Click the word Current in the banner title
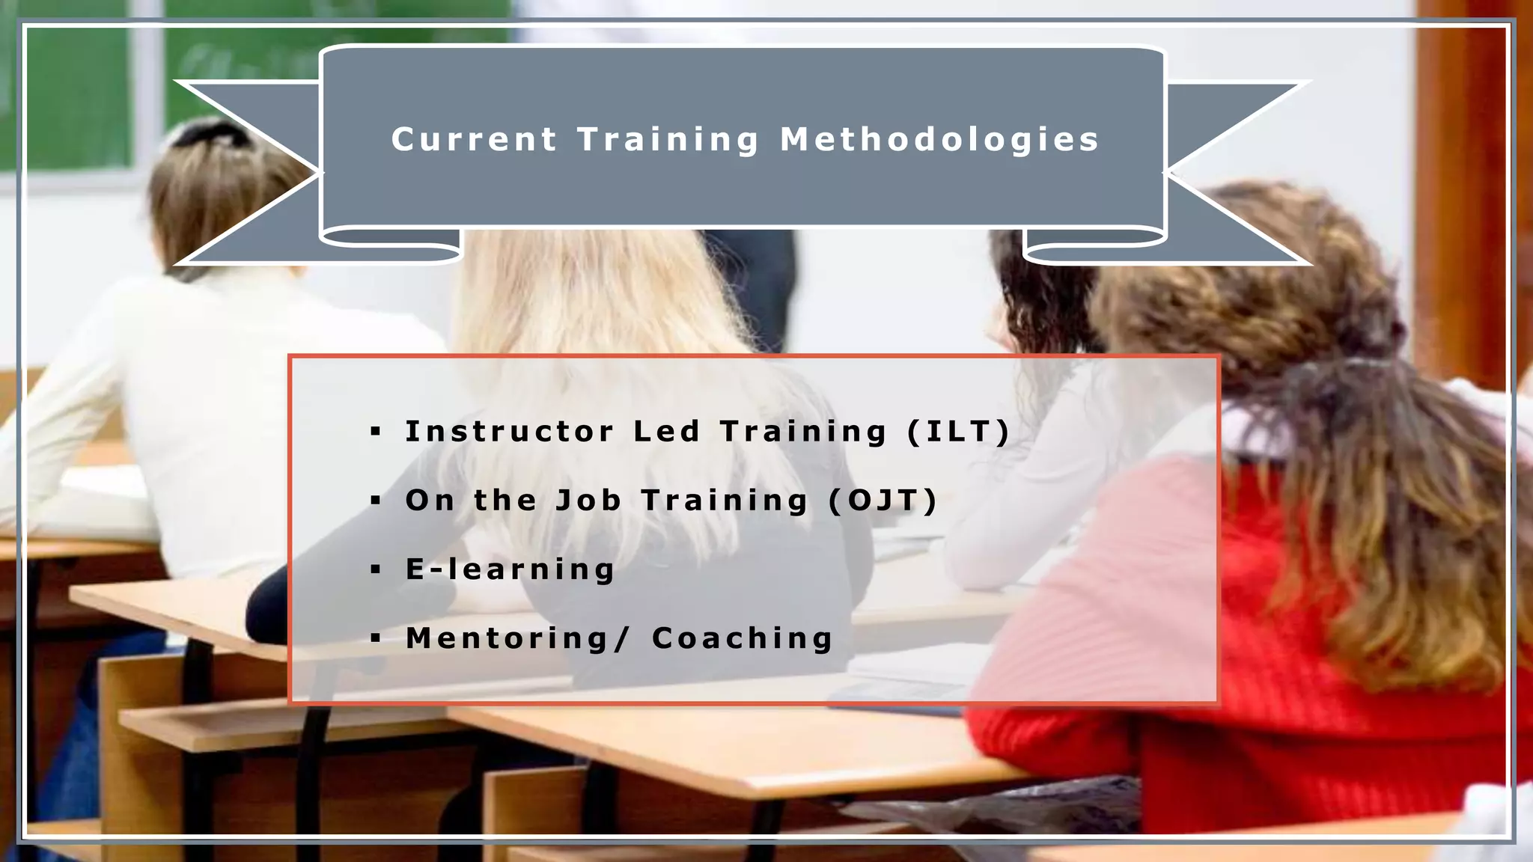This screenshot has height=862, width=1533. (x=474, y=140)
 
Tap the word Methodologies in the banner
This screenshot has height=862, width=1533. (x=939, y=140)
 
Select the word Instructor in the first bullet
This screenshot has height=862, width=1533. (x=509, y=432)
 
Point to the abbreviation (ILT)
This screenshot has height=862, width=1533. (x=959, y=432)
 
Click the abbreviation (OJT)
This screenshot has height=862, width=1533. (x=883, y=501)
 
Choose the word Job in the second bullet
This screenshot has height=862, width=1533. (x=588, y=501)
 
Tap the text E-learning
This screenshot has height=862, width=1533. (x=510, y=569)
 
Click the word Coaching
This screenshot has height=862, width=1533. (x=742, y=638)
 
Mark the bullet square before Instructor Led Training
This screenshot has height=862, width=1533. (x=376, y=432)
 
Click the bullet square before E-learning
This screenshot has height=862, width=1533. (x=376, y=570)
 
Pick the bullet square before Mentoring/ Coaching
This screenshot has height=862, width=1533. (x=376, y=639)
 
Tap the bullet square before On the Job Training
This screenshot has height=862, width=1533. (x=376, y=501)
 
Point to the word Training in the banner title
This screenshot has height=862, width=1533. (x=668, y=140)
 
